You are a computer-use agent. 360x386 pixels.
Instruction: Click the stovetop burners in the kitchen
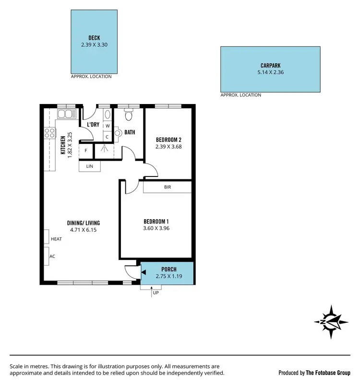[x=49, y=133]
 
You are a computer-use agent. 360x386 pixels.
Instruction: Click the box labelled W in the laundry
[x=108, y=126]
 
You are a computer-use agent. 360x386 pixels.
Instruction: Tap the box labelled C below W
[x=108, y=137]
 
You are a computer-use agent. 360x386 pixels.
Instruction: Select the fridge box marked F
[x=86, y=151]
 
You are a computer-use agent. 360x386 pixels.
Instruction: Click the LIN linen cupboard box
[x=90, y=166]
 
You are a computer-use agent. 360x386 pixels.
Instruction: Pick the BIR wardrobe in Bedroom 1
[x=168, y=187]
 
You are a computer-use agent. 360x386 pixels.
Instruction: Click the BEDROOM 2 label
[x=168, y=140]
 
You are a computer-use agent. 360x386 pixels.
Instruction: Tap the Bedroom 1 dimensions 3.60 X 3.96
[x=156, y=228]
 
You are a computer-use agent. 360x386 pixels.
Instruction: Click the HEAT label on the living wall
[x=56, y=238]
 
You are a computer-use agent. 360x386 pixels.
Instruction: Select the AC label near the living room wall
[x=52, y=256]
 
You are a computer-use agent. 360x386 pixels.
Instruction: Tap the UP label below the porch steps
[x=155, y=292]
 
